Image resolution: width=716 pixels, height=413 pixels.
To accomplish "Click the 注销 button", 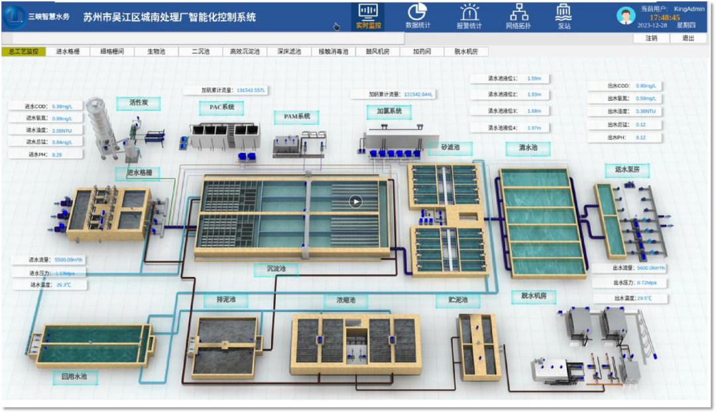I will (x=652, y=38).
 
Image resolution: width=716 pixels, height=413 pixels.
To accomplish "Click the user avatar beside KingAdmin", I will (x=626, y=15).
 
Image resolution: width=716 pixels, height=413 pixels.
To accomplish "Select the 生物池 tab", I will (x=156, y=51).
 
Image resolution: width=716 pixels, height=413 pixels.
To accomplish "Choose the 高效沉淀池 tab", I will (x=245, y=51).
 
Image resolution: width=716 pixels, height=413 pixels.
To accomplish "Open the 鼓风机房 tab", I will (x=377, y=51).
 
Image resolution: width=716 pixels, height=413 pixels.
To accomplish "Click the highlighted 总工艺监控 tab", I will (x=24, y=51).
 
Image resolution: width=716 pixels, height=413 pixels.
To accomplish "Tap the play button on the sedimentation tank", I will (x=356, y=201).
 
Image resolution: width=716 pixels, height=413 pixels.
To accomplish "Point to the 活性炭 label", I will (x=139, y=102).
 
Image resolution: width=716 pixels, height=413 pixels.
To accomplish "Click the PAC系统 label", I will (x=221, y=108).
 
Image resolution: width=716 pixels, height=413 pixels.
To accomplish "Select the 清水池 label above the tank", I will (x=528, y=147).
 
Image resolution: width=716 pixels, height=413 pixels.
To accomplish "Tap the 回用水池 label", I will (x=75, y=377).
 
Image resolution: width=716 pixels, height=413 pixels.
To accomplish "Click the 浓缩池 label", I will (x=345, y=301).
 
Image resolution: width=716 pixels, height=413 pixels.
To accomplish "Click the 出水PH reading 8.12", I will (x=640, y=137).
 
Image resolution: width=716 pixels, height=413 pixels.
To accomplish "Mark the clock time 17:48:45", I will (x=664, y=18).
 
